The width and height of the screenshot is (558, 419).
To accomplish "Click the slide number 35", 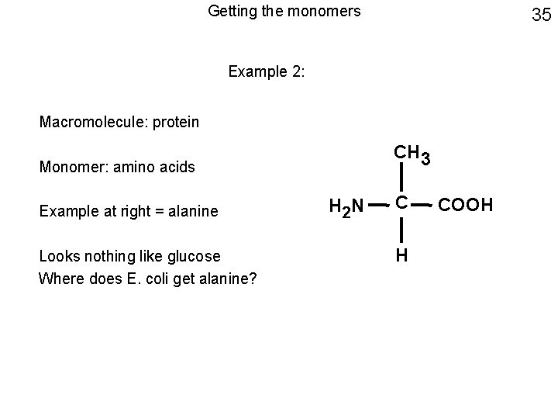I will coord(540,15).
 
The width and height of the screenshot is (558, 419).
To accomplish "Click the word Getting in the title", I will coord(231,12).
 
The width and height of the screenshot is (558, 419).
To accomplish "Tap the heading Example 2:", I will coord(267,72).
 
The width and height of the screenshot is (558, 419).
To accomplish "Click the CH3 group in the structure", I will coord(411,153).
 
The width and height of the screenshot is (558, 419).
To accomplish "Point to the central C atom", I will coord(401,204).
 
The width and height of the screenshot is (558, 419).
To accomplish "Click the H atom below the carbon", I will coord(401,255).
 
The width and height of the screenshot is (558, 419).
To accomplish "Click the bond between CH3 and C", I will coord(401,178).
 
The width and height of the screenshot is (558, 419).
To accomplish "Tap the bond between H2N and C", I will coord(375,206).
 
